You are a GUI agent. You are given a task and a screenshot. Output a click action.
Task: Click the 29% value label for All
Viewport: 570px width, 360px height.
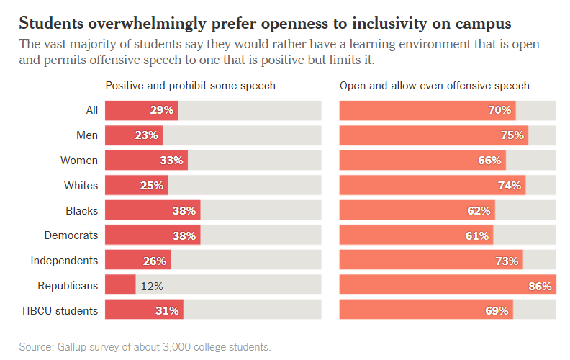click(162, 110)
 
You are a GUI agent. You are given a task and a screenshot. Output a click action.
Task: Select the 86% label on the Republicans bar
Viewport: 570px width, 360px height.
click(540, 286)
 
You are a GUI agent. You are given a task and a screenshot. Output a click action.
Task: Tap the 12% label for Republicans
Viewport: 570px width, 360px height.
click(152, 286)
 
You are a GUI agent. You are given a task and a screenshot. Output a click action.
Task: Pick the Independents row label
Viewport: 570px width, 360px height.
click(64, 261)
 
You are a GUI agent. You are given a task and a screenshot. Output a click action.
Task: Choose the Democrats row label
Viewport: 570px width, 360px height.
click(71, 235)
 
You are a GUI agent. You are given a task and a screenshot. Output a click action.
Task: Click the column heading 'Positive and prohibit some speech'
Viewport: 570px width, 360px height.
click(191, 86)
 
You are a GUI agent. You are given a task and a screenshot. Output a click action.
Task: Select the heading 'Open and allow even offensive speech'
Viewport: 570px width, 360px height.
click(435, 86)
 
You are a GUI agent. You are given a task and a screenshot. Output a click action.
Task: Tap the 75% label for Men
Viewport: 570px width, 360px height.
click(512, 135)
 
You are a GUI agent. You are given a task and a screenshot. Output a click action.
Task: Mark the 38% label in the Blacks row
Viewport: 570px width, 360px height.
click(184, 211)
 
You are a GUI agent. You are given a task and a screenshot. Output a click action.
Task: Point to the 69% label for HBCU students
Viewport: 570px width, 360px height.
click(498, 311)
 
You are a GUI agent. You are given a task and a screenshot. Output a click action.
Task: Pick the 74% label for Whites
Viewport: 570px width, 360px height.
click(510, 186)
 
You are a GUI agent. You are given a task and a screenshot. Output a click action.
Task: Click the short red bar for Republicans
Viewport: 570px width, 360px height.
click(120, 286)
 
